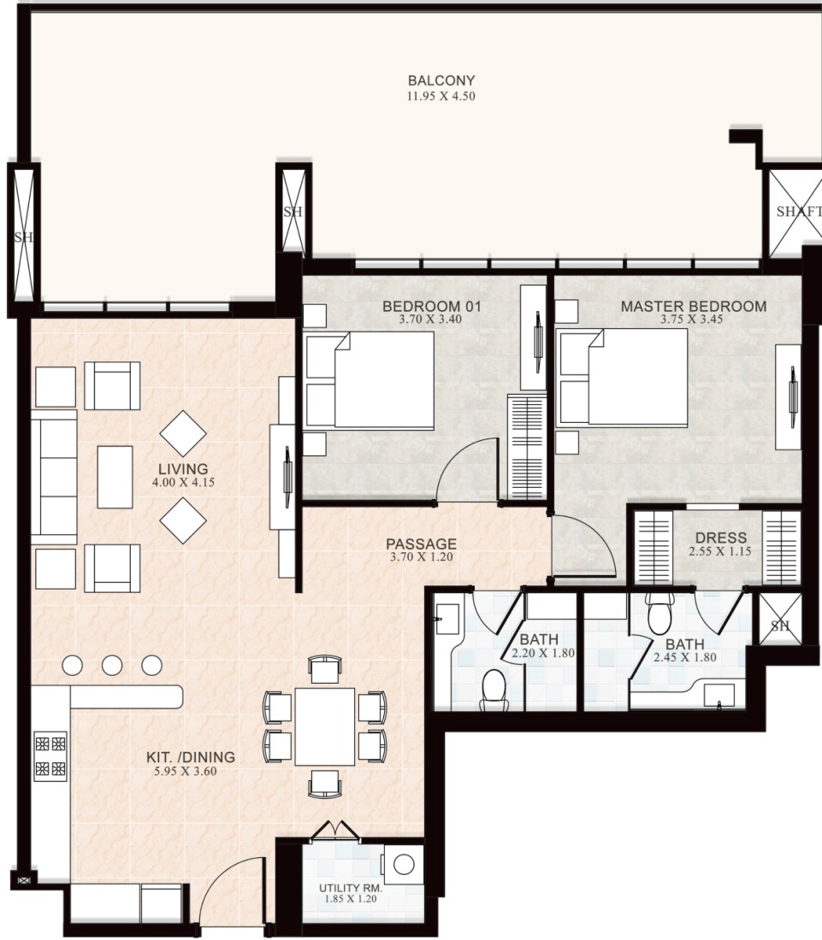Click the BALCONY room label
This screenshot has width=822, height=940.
point(441,80)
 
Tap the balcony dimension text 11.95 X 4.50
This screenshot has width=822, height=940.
point(441,96)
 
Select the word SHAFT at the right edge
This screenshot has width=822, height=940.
point(799,211)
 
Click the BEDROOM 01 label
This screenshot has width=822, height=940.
point(431,306)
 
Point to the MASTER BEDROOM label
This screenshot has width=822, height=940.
point(694,306)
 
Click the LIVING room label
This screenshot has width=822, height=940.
point(183,469)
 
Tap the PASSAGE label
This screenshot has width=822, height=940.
point(421,543)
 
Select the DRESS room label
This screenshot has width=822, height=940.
point(720,538)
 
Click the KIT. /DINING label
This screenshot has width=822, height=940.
point(190,757)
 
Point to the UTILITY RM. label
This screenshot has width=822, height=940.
point(351,888)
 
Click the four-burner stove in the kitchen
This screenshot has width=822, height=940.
point(50,756)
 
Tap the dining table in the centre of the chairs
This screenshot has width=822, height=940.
point(324,726)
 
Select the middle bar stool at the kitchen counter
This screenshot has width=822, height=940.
point(112,665)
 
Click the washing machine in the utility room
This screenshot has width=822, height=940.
point(403,865)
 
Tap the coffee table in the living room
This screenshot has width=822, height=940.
point(115,477)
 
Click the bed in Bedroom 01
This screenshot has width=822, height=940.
point(370,380)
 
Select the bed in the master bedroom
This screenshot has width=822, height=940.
point(623,378)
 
